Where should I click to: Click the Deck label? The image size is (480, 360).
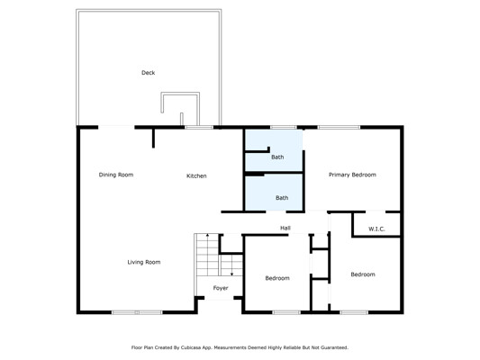click(149, 73)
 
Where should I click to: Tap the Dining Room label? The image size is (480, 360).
click(116, 175)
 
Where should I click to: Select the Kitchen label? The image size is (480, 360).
click(196, 175)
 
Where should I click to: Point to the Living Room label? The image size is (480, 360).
click(144, 262)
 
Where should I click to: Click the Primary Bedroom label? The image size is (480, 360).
click(352, 175)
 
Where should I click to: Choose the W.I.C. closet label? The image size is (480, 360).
click(376, 229)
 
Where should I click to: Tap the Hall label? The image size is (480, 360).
click(285, 228)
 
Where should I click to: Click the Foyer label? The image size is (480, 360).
click(221, 288)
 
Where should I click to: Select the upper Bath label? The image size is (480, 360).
click(277, 157)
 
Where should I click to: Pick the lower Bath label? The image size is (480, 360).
click(282, 198)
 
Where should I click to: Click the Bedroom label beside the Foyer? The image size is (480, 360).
click(277, 278)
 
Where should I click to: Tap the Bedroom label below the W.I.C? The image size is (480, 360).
click(363, 274)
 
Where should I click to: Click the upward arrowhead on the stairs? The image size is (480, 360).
click(207, 236)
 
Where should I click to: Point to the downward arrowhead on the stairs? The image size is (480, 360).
click(232, 274)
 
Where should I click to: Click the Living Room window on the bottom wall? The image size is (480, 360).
click(137, 312)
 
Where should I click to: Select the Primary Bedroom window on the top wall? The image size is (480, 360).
click(339, 127)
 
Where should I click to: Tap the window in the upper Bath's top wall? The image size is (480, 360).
click(283, 127)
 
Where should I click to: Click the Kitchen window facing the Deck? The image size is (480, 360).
click(199, 127)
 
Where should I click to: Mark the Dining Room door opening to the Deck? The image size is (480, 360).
click(116, 127)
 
